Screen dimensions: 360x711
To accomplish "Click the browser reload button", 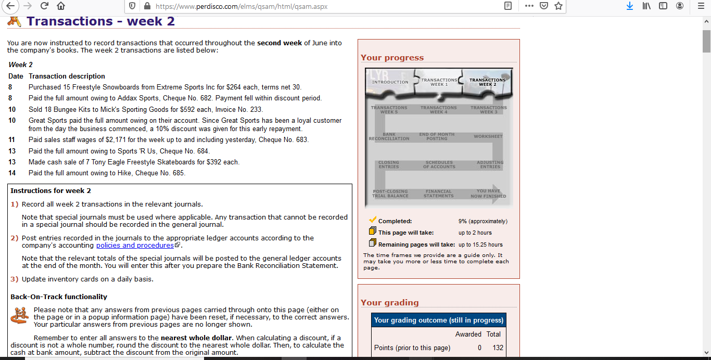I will pyautogui.click(x=44, y=6).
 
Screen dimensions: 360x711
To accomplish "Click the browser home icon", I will pyautogui.click(x=61, y=6).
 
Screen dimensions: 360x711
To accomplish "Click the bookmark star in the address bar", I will pyautogui.click(x=558, y=6).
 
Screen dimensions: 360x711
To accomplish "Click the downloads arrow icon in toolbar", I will pyautogui.click(x=629, y=6).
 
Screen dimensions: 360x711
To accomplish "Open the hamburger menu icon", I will pyautogui.click(x=701, y=6).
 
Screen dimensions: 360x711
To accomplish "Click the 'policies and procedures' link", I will pyautogui.click(x=135, y=246).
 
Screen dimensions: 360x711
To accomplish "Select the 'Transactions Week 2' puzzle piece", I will pyautogui.click(x=488, y=82).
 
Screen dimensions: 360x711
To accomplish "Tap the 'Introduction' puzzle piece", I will pyautogui.click(x=390, y=82).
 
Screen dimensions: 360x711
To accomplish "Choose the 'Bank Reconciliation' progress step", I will pyautogui.click(x=389, y=137).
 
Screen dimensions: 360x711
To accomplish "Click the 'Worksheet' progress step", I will pyautogui.click(x=488, y=137).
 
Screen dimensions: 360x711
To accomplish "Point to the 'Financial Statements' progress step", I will pyautogui.click(x=439, y=194).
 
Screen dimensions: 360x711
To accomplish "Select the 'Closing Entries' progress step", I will pyautogui.click(x=389, y=164).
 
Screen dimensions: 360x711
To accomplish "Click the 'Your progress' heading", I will pyautogui.click(x=392, y=58).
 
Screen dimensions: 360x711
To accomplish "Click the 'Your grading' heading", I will pyautogui.click(x=389, y=303).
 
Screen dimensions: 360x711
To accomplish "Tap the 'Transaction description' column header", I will pyautogui.click(x=67, y=76).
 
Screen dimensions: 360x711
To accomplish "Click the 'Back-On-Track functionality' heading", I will pyautogui.click(x=59, y=297).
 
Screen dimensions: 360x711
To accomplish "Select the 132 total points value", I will pyautogui.click(x=498, y=348).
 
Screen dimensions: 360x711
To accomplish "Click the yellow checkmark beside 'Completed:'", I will pyautogui.click(x=372, y=221).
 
